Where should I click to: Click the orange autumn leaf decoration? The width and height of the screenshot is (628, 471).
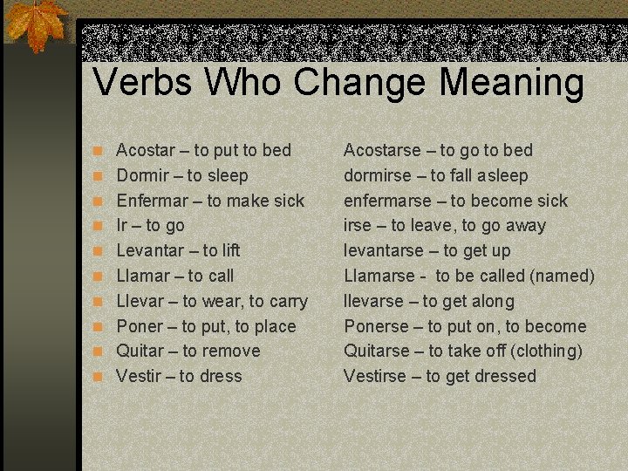37,26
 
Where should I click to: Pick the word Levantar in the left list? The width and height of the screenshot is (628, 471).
148,250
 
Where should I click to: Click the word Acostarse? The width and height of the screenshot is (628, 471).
382,150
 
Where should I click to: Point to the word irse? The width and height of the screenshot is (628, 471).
358,225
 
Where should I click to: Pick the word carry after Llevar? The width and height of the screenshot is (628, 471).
288,302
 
